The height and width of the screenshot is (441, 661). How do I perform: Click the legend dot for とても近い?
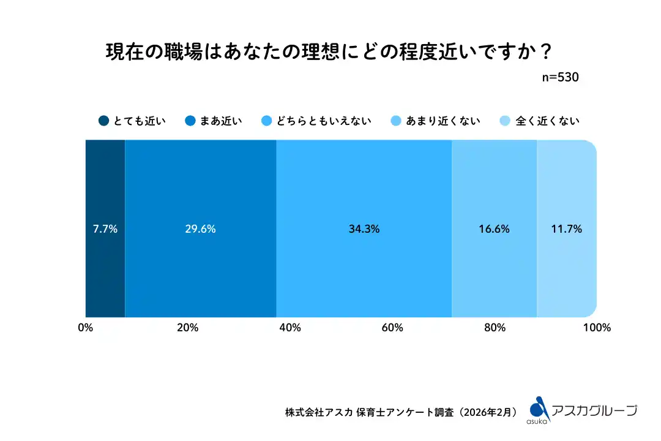(104, 121)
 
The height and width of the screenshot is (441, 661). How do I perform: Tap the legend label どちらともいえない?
(324, 121)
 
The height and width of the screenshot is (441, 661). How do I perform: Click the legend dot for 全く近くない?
(505, 121)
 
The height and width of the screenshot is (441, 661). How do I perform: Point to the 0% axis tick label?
(86, 328)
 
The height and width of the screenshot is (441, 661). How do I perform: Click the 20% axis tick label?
(188, 328)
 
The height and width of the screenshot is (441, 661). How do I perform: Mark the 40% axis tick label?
(290, 328)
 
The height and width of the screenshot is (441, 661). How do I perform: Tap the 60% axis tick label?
(392, 328)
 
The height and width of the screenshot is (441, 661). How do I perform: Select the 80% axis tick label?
(495, 328)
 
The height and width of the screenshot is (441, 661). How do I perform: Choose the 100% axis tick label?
(597, 328)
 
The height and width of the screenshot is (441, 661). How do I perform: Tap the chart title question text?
(330, 50)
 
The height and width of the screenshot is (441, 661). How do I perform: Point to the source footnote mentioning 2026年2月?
(404, 412)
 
